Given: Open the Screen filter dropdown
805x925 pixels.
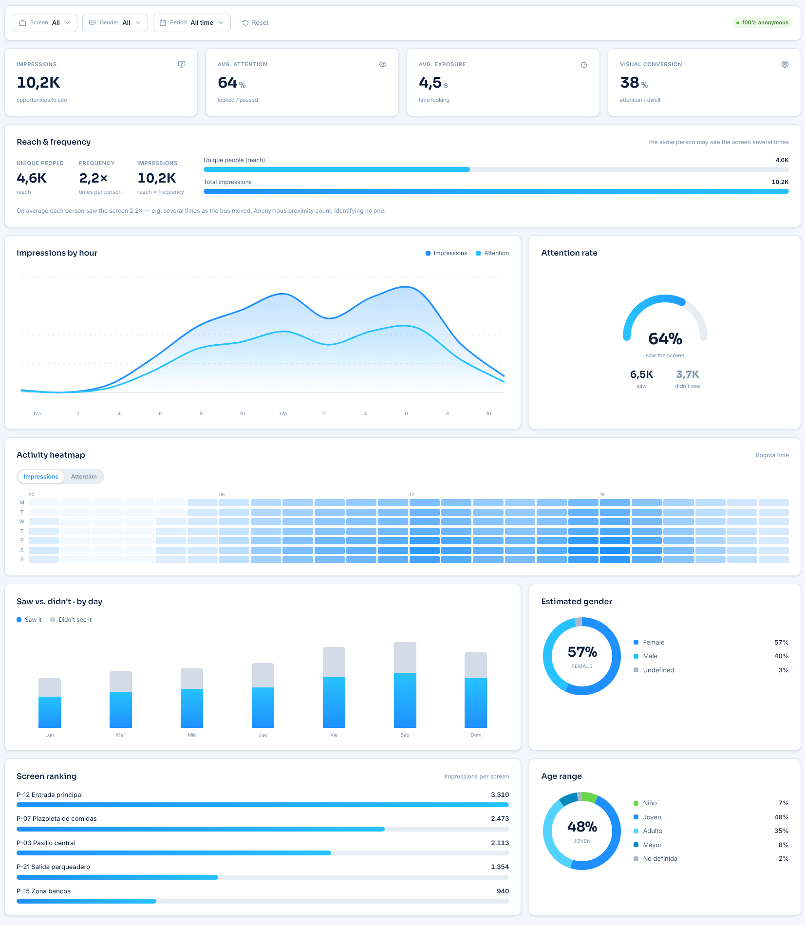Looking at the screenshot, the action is [x=45, y=23].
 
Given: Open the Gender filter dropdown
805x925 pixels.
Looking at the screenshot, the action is [x=115, y=23].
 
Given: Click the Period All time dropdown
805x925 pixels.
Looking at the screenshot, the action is [x=192, y=23].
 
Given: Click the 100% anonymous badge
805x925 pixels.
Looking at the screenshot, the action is [x=762, y=23].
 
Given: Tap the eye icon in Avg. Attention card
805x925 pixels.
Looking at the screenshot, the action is [x=383, y=64].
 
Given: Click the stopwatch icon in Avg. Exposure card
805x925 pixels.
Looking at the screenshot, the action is [x=584, y=64].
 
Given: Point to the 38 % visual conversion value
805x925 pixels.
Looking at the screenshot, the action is [x=634, y=83].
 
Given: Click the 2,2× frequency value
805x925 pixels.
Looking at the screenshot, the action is [x=93, y=178].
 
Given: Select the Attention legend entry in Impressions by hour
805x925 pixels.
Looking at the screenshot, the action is [x=492, y=253].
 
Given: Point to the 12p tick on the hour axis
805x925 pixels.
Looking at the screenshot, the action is [x=283, y=414].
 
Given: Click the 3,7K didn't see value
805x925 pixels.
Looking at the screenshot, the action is [x=687, y=374].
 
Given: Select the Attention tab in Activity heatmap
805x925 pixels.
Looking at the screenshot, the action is [x=84, y=477].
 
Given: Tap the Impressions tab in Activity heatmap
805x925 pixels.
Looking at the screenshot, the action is [x=41, y=477].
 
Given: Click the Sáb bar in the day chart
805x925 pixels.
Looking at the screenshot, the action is [x=405, y=684].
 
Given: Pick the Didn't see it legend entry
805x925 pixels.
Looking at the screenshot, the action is [x=71, y=620].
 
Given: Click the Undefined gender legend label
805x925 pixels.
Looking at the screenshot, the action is [x=658, y=670].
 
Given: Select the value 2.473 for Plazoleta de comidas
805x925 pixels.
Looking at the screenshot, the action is [x=500, y=819].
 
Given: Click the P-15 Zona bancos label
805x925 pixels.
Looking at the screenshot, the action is [x=43, y=891].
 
